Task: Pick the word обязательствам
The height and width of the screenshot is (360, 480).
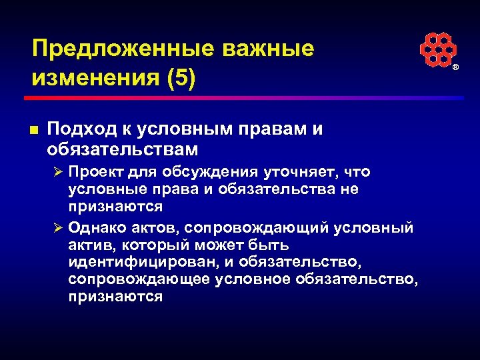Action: (123, 147)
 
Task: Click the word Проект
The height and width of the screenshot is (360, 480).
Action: (99, 171)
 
